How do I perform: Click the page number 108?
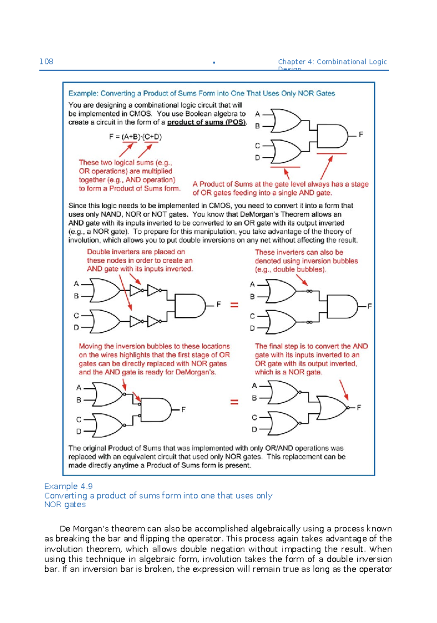pyautogui.click(x=46, y=61)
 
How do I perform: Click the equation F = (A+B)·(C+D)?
pyautogui.click(x=135, y=137)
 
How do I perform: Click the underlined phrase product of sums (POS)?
pyautogui.click(x=206, y=122)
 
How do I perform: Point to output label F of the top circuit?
pyautogui.click(x=361, y=135)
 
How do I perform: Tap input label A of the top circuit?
pyautogui.click(x=257, y=114)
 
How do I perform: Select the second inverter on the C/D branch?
pyautogui.click(x=154, y=322)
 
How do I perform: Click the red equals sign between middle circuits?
pyautogui.click(x=234, y=305)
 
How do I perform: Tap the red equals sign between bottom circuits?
pyautogui.click(x=234, y=402)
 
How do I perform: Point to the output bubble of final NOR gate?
pyautogui.click(x=348, y=408)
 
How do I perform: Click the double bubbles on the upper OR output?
pyautogui.click(x=309, y=291)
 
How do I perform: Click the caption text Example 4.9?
pyautogui.click(x=68, y=486)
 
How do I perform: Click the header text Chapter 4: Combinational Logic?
pyautogui.click(x=332, y=62)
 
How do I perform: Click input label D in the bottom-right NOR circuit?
pyautogui.click(x=254, y=429)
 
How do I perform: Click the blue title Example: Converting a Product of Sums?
pyautogui.click(x=201, y=94)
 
